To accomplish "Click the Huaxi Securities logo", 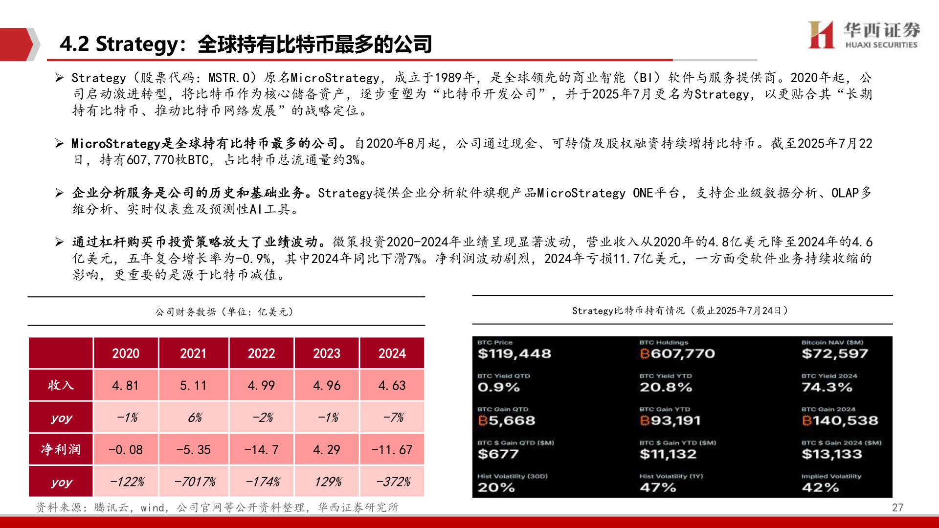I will pyautogui.click(x=864, y=35).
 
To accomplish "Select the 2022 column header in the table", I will pyautogui.click(x=261, y=353).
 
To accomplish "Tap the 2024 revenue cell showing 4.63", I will pyautogui.click(x=392, y=386).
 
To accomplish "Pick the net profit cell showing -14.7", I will pyautogui.click(x=261, y=450).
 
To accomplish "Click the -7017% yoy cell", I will pyautogui.click(x=194, y=482).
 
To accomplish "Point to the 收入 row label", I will pyautogui.click(x=61, y=386).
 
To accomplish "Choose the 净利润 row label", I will pyautogui.click(x=61, y=450).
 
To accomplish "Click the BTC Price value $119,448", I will pyautogui.click(x=514, y=353).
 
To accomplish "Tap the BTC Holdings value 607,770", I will pyautogui.click(x=677, y=353).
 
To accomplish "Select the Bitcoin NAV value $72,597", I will pyautogui.click(x=834, y=353).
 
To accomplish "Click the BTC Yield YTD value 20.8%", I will pyautogui.click(x=666, y=387).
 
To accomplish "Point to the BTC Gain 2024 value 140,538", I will pyautogui.click(x=840, y=420).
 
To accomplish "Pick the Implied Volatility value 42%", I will pyautogui.click(x=820, y=487).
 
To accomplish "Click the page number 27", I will pyautogui.click(x=897, y=507).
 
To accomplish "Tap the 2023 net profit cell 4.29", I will pyautogui.click(x=327, y=450).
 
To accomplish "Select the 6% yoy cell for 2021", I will pyautogui.click(x=194, y=418).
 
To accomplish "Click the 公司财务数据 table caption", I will pyautogui.click(x=224, y=312).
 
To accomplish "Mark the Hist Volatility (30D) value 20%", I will pyautogui.click(x=496, y=487).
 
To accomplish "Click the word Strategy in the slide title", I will pyautogui.click(x=137, y=44).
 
